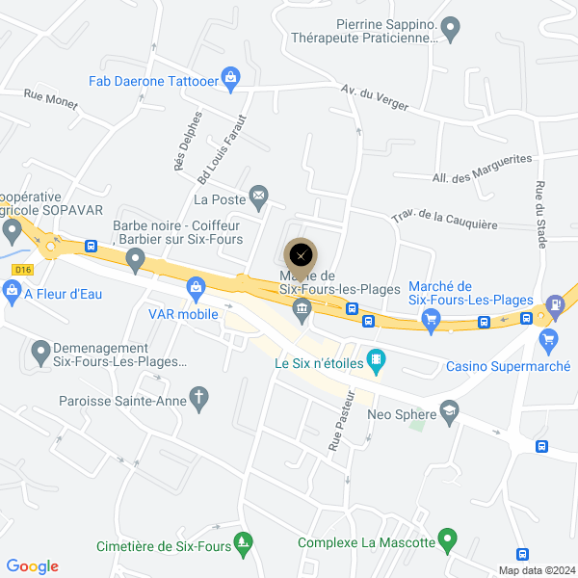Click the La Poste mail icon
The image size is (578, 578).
pyautogui.click(x=258, y=197)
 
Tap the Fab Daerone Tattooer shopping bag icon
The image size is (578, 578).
pyautogui.click(x=230, y=77)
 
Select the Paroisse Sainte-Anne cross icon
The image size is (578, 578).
pyautogui.click(x=199, y=397)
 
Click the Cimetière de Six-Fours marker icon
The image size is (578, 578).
pyautogui.click(x=244, y=543)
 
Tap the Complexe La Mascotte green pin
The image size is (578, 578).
pyautogui.click(x=446, y=539)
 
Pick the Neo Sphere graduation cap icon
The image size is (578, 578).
pyautogui.click(x=449, y=413)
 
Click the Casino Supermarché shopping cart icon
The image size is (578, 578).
pyautogui.click(x=549, y=338)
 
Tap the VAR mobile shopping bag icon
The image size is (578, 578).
pyautogui.click(x=197, y=286)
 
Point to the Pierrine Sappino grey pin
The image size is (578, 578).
pyautogui.click(x=451, y=27)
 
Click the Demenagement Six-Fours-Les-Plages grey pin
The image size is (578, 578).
pyautogui.click(x=40, y=353)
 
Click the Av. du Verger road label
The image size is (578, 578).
pyautogui.click(x=375, y=96)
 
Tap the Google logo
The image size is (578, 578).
pyautogui.click(x=32, y=566)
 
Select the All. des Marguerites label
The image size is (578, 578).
pyautogui.click(x=483, y=168)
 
